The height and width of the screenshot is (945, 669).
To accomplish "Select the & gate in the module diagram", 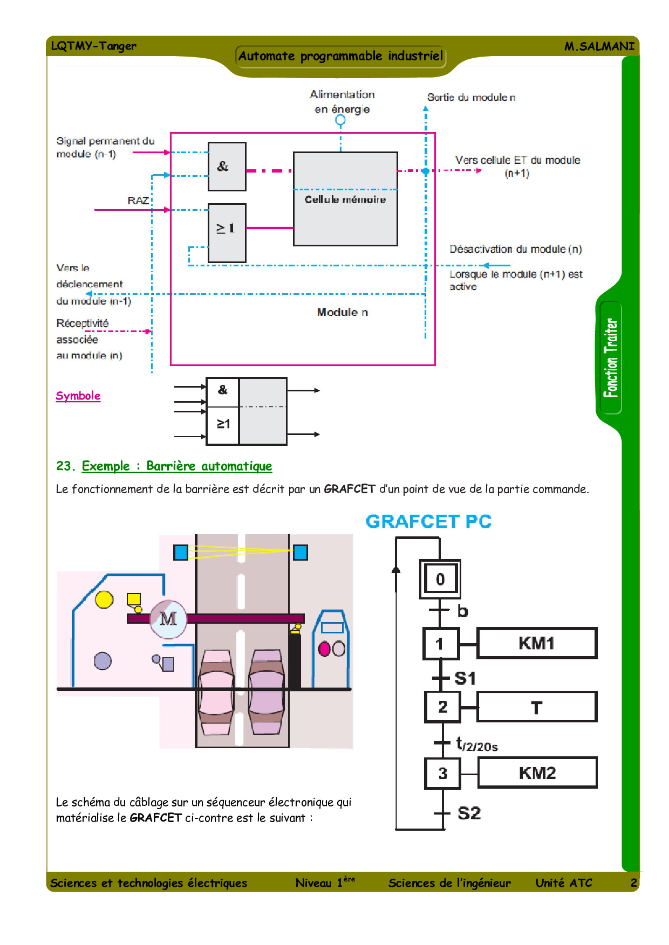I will pyautogui.click(x=227, y=167).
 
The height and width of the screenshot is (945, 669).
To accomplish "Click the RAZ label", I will pyautogui.click(x=138, y=201).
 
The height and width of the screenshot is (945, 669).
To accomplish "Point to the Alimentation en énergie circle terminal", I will pyautogui.click(x=340, y=120).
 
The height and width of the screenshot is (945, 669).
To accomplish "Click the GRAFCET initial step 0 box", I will pyautogui.click(x=440, y=579).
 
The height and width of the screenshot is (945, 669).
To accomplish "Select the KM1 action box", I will pyautogui.click(x=537, y=643).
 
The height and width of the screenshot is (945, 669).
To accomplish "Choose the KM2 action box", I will pyautogui.click(x=537, y=773).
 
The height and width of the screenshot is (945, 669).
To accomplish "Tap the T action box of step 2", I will pyautogui.click(x=537, y=707).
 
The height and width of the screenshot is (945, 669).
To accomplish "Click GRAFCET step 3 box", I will pyautogui.click(x=442, y=773).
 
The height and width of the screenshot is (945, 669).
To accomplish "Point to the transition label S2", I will pyautogui.click(x=469, y=813).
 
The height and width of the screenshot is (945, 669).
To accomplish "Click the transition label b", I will pyautogui.click(x=462, y=611).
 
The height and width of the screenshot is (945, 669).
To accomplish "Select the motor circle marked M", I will pyautogui.click(x=168, y=619).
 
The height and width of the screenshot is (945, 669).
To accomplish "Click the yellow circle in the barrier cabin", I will pyautogui.click(x=104, y=599).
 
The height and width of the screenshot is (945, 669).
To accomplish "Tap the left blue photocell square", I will pyautogui.click(x=181, y=553).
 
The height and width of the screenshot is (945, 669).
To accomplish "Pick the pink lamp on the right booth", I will pyautogui.click(x=324, y=649).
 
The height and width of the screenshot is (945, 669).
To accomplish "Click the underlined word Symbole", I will pyautogui.click(x=78, y=396).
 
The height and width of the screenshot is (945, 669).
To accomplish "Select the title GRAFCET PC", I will pyautogui.click(x=428, y=522).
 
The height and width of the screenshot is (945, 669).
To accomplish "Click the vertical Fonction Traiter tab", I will pyautogui.click(x=611, y=358).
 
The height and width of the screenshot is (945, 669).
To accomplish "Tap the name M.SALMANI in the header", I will pyautogui.click(x=599, y=46).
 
